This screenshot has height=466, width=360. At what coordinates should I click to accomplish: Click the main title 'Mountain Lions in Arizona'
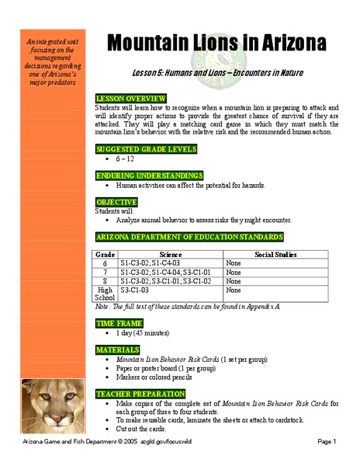click(215, 42)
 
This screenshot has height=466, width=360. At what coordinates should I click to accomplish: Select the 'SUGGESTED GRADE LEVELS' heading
click(145, 148)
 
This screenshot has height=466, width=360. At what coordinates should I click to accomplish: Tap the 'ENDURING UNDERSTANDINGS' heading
click(149, 176)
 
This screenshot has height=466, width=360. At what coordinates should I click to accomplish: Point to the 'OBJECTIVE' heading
click(116, 202)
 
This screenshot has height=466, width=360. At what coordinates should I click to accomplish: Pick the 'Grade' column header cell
click(106, 254)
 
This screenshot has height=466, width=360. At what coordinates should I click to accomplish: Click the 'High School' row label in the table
click(106, 293)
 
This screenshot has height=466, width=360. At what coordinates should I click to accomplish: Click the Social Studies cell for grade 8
click(234, 280)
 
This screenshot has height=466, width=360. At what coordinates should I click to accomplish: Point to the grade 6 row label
click(106, 263)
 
